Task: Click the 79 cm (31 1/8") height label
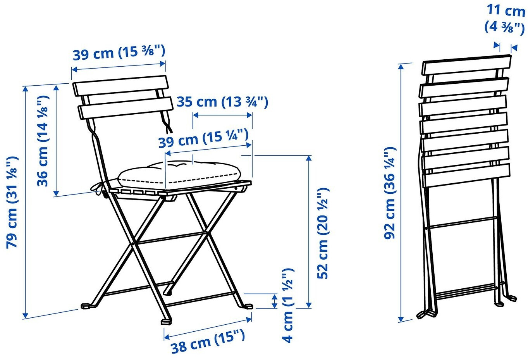coord(12,202)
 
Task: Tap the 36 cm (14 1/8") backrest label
coord(43,141)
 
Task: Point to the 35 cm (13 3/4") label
coord(222,102)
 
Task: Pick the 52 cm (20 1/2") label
coord(323,233)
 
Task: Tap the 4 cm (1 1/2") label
coord(287,305)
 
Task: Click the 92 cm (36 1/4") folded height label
coord(390,193)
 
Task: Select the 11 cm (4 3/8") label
coord(505,18)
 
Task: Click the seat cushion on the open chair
coord(179,175)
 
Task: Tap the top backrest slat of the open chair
coord(121,86)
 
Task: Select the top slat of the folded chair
coord(467,65)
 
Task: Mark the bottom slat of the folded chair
coord(467,176)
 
